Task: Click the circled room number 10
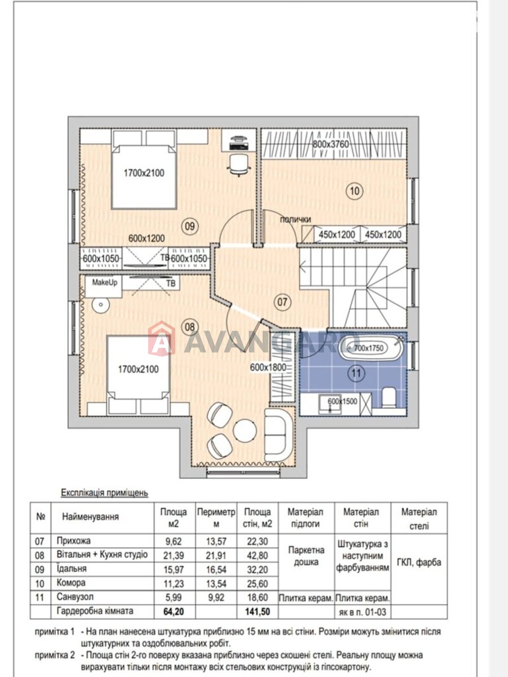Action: pos(355,191)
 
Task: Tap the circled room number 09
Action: pos(189,226)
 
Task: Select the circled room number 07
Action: pos(282,302)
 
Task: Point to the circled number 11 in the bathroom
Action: pos(356,374)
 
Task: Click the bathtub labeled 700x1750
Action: pos(370,348)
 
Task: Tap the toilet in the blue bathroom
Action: pos(389,397)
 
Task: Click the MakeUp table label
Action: pos(105,283)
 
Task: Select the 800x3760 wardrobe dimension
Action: pos(331,144)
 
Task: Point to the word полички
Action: pos(295,220)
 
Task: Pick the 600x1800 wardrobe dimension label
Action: pos(268,367)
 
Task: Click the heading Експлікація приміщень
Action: pos(105,493)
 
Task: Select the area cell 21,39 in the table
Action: pos(174,556)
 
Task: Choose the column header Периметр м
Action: pos(216,518)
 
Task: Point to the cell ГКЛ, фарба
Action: pos(419,562)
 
